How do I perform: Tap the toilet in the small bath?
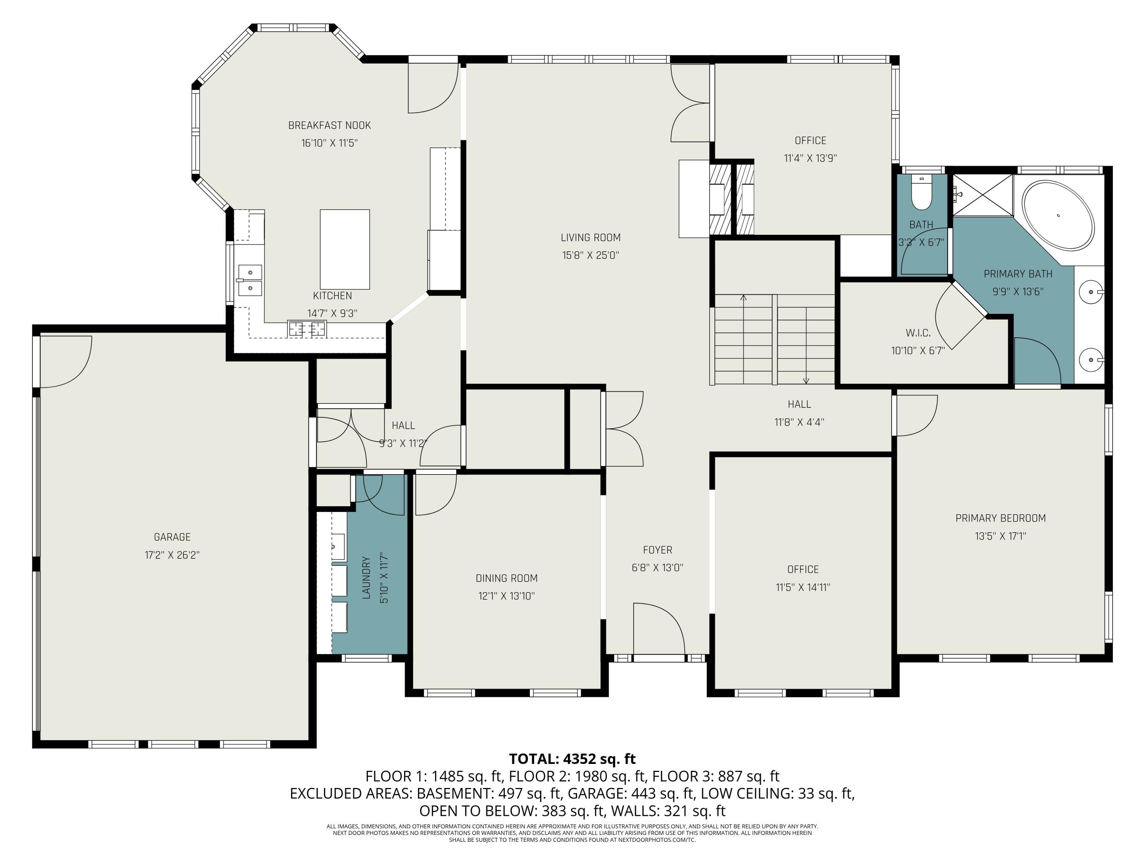pyautogui.click(x=921, y=193)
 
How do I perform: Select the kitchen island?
pyautogui.click(x=345, y=249)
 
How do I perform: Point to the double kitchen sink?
pyautogui.click(x=250, y=280)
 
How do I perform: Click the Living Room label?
pyautogui.click(x=590, y=238)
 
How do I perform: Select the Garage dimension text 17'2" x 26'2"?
pyautogui.click(x=173, y=555)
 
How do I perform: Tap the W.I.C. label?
pyautogui.click(x=918, y=333)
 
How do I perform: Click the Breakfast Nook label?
pyautogui.click(x=330, y=125)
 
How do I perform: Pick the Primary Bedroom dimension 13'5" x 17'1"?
pyautogui.click(x=1001, y=536)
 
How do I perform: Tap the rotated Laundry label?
pyautogui.click(x=366, y=578)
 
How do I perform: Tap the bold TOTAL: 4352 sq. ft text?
pyautogui.click(x=572, y=759)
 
